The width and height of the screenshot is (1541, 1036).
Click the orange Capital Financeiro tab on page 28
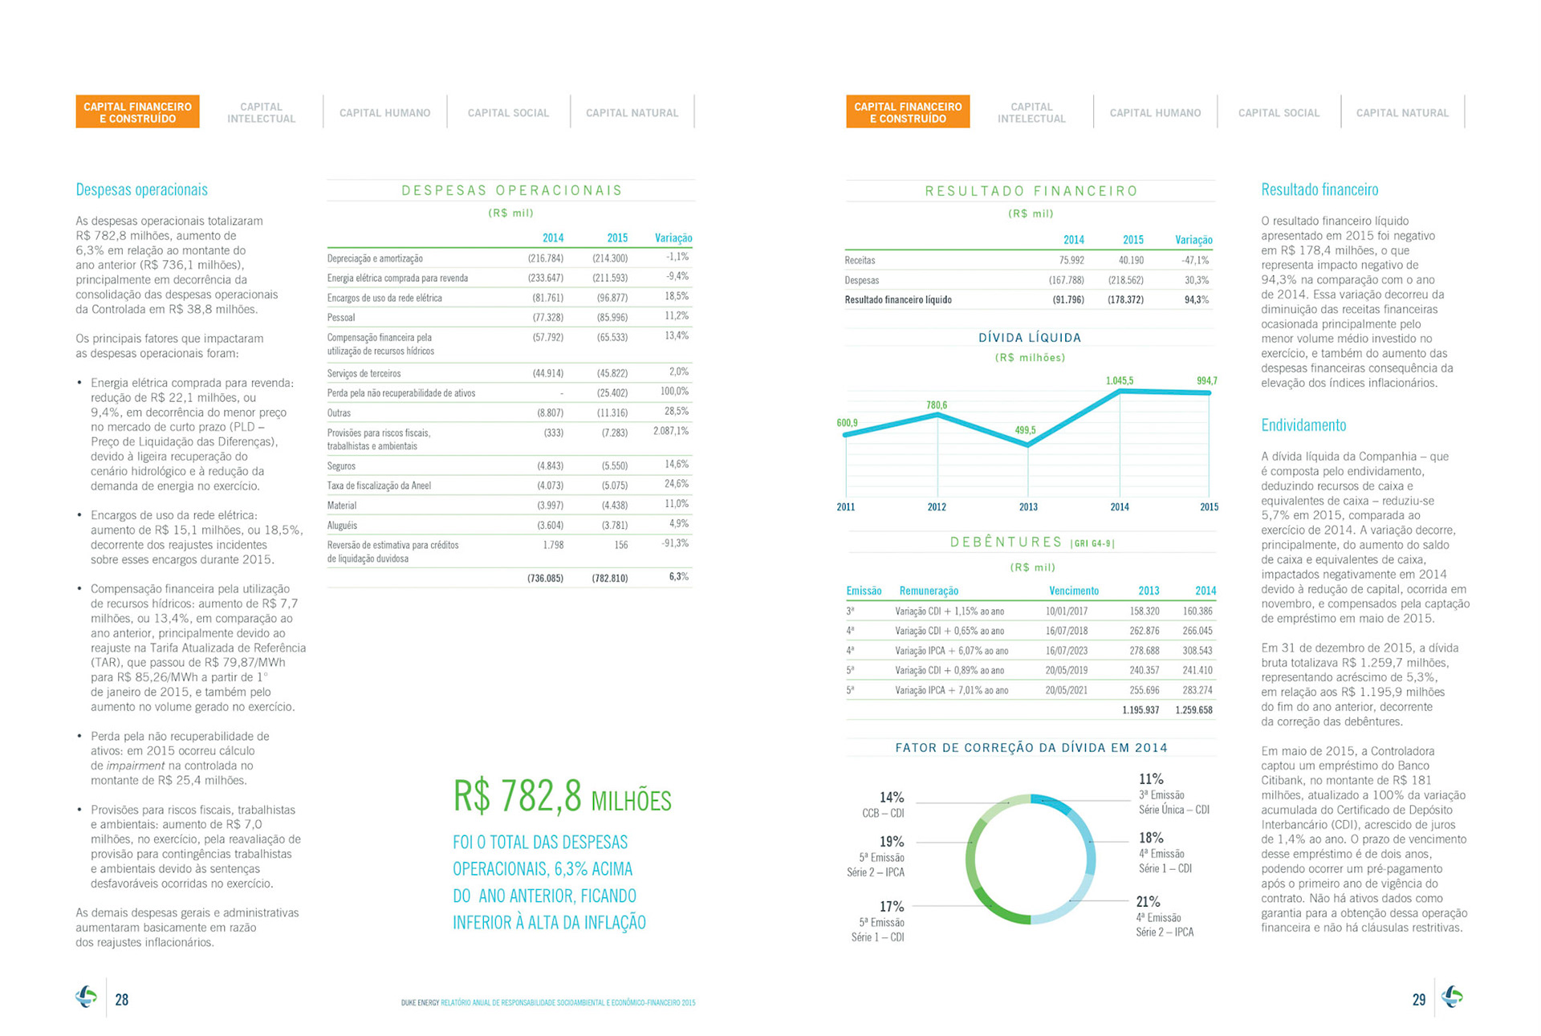[x=137, y=112]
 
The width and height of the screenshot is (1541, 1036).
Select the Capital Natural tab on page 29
[x=1402, y=113]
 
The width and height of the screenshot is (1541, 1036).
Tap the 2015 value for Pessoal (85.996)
[x=612, y=318]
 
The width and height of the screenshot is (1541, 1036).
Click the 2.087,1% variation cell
[x=671, y=431]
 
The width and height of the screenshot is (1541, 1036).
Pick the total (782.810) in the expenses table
[x=610, y=578]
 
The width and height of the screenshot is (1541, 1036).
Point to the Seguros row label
[x=341, y=466]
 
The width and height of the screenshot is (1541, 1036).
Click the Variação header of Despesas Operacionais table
[x=673, y=238]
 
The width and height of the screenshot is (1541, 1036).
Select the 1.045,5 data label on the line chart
[x=1119, y=380]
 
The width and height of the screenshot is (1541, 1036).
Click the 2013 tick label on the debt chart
[x=1028, y=507]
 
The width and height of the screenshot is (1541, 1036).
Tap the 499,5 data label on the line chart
[x=1025, y=430]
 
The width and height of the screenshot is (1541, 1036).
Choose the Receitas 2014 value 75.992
[x=1071, y=260]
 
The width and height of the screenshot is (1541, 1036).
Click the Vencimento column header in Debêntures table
[x=1074, y=591]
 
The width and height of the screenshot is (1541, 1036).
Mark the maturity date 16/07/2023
[x=1066, y=651]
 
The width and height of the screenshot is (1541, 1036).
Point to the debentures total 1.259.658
[x=1193, y=710]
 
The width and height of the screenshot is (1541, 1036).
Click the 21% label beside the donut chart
[x=1148, y=901]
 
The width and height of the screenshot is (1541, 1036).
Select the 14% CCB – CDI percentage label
[x=892, y=798]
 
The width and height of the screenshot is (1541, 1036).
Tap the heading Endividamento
[x=1303, y=425]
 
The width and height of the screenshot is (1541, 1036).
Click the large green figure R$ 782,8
[x=518, y=797]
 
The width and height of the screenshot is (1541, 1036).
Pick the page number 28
[x=122, y=1000]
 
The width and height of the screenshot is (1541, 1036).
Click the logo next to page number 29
[x=1452, y=997]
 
